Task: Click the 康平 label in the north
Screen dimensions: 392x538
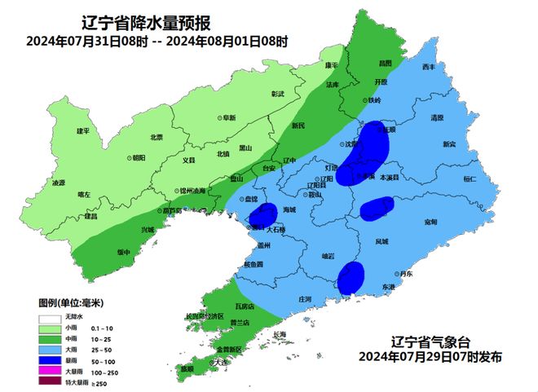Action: (331, 65)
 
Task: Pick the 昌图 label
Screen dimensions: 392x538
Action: (386, 62)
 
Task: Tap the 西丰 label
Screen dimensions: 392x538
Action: (430, 68)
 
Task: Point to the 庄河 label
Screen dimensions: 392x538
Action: (306, 299)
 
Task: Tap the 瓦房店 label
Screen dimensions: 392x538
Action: (245, 306)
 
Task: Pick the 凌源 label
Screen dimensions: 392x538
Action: (58, 183)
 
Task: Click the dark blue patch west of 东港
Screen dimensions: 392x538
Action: (351, 277)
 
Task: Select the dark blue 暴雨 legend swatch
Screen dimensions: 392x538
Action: (50, 358)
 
